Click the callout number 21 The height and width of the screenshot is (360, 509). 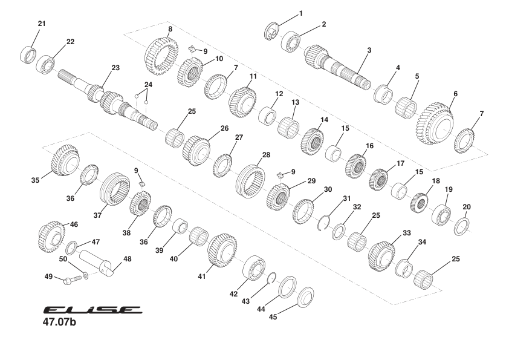[42, 24]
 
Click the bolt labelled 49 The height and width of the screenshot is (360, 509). [71, 280]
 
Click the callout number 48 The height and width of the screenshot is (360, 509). [126, 259]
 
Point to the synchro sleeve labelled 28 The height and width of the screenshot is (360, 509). [249, 178]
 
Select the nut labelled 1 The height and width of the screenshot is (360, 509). [273, 31]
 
